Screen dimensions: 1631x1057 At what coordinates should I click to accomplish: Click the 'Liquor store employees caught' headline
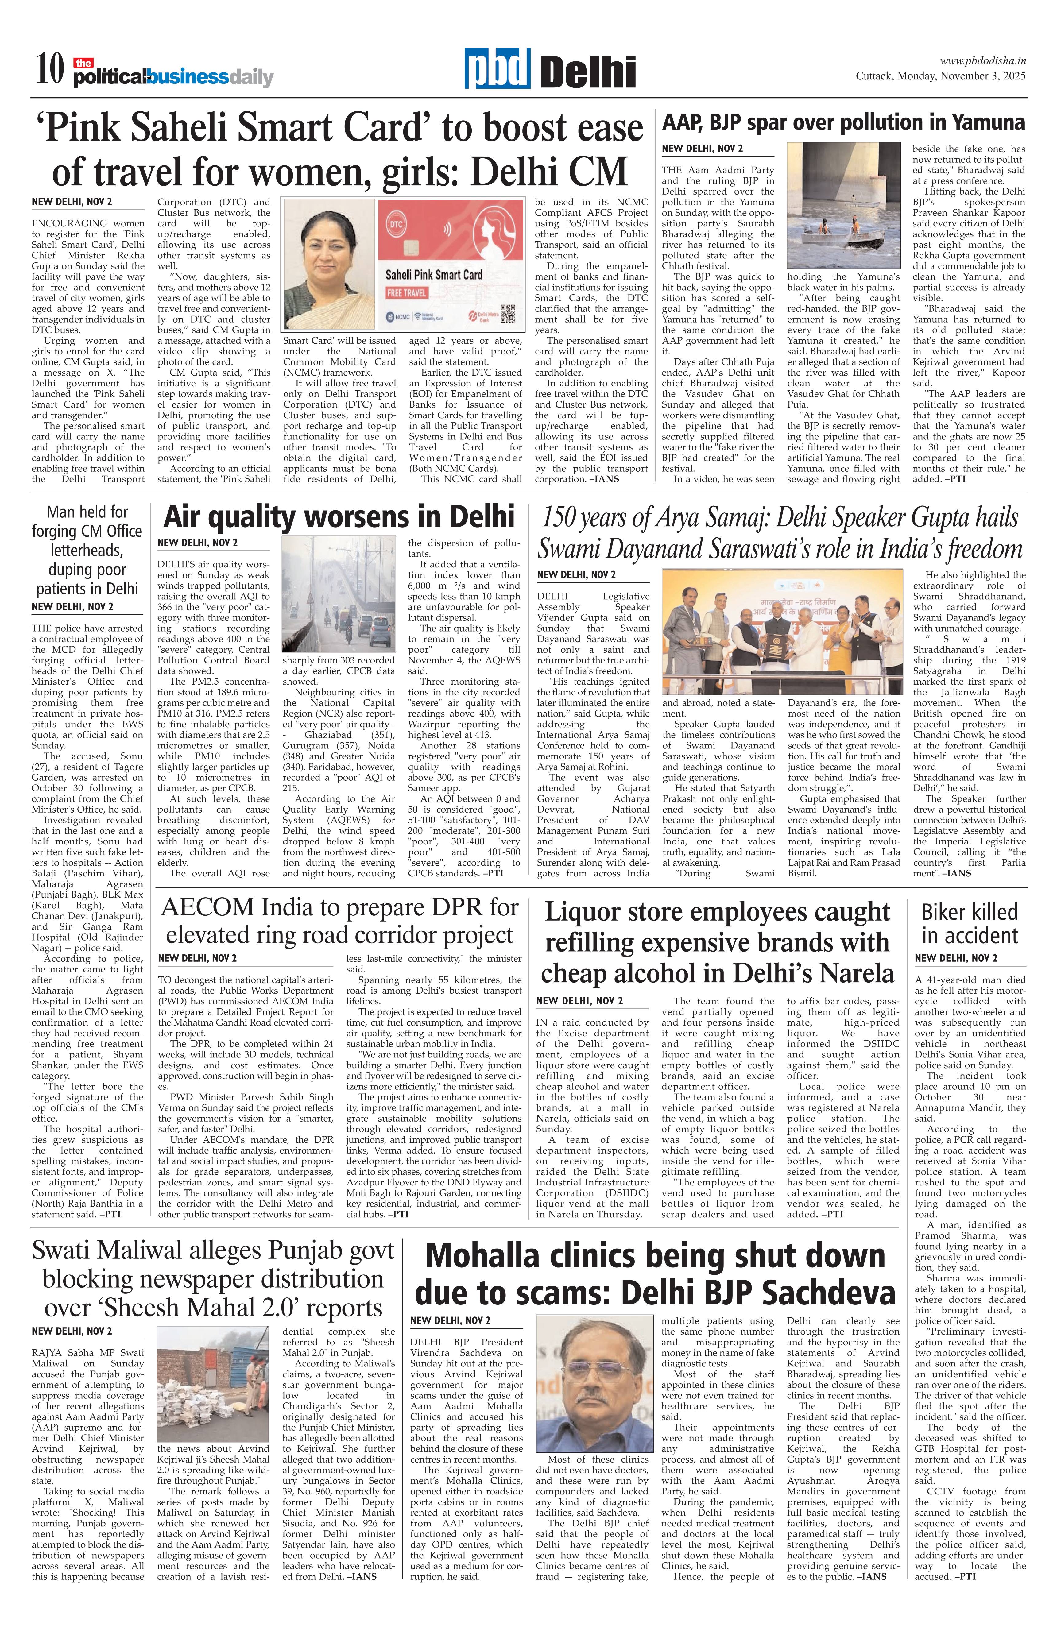pos(717,942)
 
